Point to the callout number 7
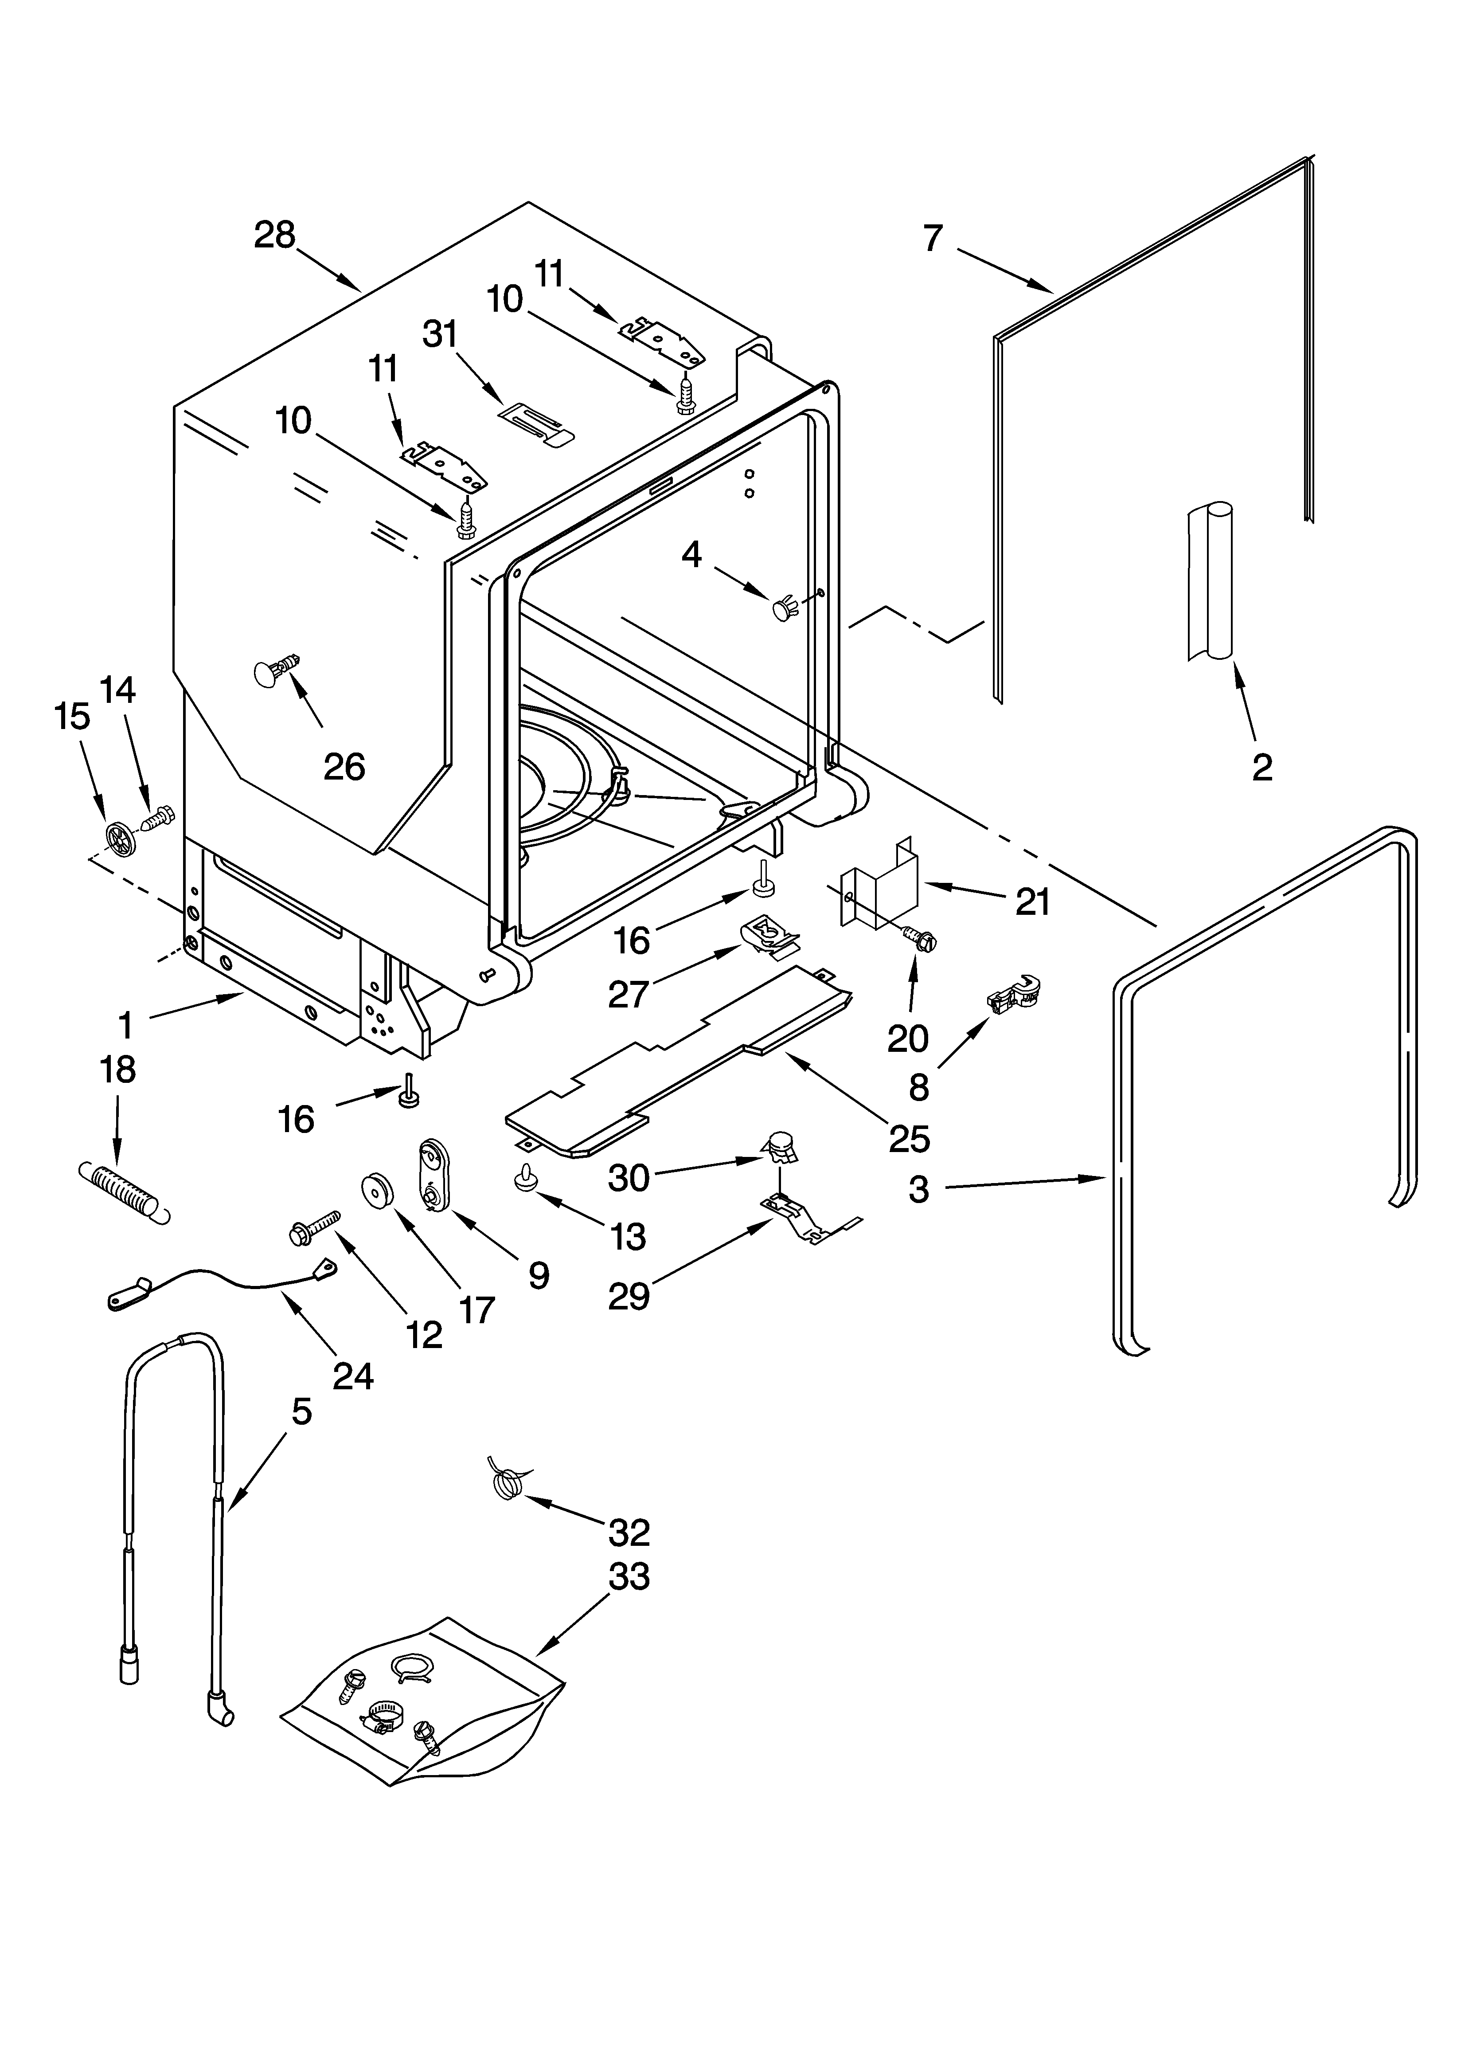click(933, 239)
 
